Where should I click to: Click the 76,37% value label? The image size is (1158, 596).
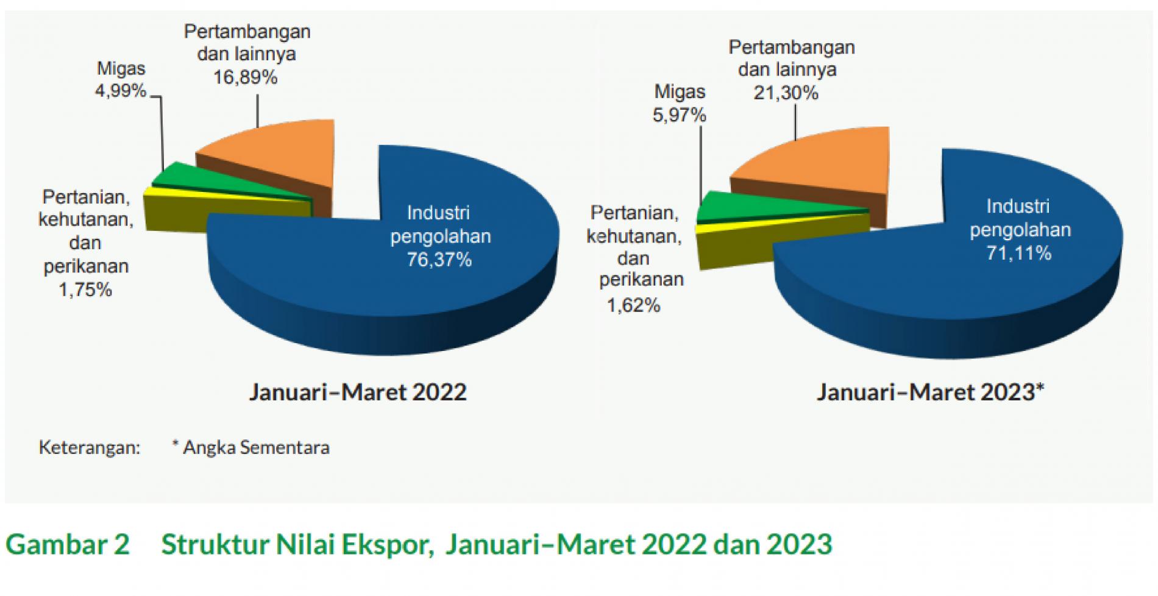pos(439,260)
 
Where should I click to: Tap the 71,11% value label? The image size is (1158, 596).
pos(1019,253)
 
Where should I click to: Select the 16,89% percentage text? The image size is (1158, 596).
pos(245,77)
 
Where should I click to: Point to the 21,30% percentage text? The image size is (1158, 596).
pos(786,93)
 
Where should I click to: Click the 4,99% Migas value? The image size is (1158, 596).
pos(121,91)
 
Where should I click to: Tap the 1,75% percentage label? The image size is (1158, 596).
pos(85,289)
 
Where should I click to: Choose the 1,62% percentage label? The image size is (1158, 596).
pos(634,305)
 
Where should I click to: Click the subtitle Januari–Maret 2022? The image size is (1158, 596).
pos(358,392)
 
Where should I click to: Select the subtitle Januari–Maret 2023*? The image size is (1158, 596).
pos(931,392)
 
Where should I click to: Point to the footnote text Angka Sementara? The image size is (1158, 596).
pos(256,447)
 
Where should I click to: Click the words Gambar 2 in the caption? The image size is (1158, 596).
pos(68,544)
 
